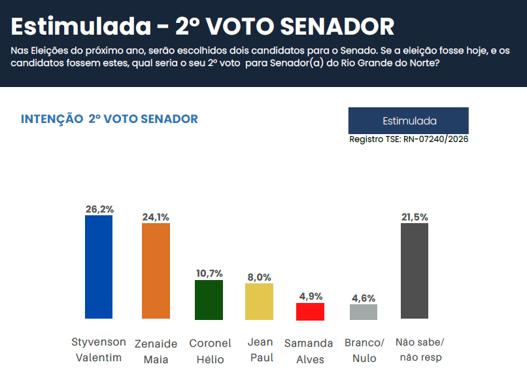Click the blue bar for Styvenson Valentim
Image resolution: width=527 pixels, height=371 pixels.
coord(99,267)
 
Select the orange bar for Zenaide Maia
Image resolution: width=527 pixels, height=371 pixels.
coord(156,271)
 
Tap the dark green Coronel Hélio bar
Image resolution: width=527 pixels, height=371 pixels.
coord(209,300)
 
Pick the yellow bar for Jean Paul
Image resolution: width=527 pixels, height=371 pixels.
coord(259,302)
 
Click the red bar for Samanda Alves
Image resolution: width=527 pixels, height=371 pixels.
coord(311,311)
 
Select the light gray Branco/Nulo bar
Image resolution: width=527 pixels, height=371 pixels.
coord(364,312)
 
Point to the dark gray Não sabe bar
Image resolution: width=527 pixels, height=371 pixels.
coord(415,271)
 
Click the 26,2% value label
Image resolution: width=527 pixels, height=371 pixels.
coord(99,209)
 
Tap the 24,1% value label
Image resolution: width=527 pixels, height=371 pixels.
coord(156,217)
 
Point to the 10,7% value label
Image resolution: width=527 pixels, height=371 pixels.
coord(210,274)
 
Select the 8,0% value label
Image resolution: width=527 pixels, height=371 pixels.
coord(259,277)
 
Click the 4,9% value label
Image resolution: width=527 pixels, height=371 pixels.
coord(311,296)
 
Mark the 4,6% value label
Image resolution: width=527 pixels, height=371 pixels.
coord(364,298)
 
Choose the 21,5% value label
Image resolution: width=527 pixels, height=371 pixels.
coord(415,217)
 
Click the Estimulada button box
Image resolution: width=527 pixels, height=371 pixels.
coord(408,121)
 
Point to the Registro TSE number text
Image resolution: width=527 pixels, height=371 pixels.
coord(409,139)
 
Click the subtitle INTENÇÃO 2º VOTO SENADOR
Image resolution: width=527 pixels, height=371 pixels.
coord(109,119)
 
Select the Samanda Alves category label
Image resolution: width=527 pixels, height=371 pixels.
coord(309,350)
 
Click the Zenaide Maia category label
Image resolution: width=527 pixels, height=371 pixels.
coord(156,350)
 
